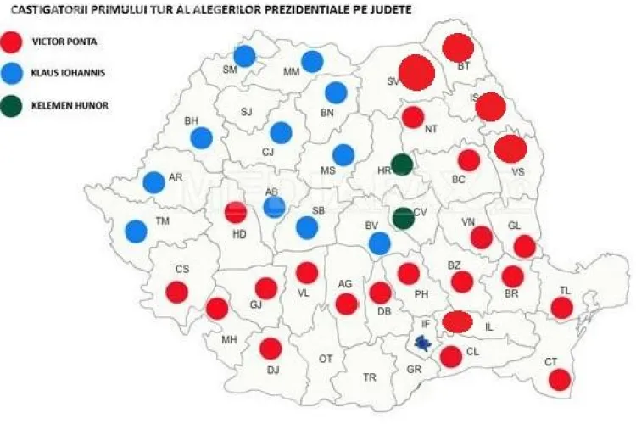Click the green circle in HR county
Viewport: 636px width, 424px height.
(402, 165)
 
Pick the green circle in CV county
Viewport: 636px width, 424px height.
(404, 218)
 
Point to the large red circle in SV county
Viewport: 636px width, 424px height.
(416, 73)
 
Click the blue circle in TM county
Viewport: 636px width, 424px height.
(136, 231)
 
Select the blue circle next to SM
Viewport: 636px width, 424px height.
(245, 56)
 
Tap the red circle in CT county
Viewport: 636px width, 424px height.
(559, 379)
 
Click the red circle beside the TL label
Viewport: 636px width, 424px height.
(562, 308)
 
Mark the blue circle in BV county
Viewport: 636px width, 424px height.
(380, 243)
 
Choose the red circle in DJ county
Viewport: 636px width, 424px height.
(271, 349)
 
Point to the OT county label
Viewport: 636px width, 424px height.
(326, 359)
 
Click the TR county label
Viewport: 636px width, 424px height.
(370, 377)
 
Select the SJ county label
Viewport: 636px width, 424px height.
(246, 111)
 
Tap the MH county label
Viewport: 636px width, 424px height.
(229, 340)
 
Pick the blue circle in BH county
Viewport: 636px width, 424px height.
(201, 137)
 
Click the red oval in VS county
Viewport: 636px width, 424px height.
(510, 148)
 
